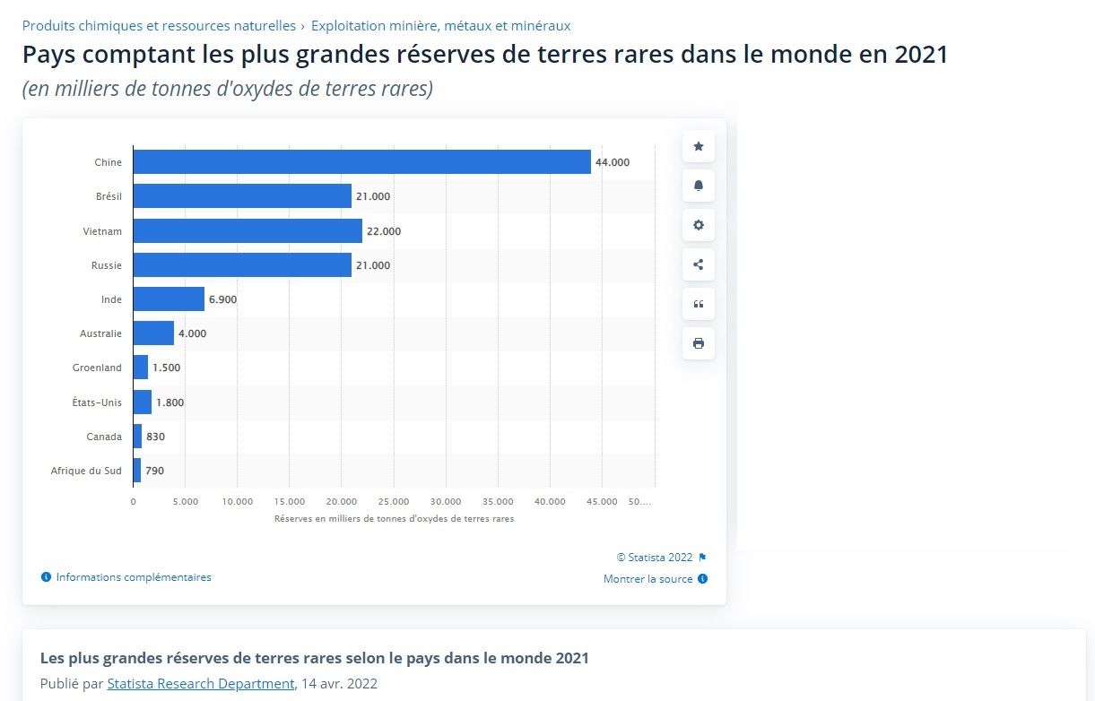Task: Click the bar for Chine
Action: click(361, 162)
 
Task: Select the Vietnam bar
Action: click(248, 231)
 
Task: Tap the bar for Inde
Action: click(169, 299)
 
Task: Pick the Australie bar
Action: click(153, 333)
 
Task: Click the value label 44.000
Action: click(613, 162)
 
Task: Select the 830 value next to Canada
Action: click(155, 437)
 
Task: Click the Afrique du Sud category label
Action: click(86, 471)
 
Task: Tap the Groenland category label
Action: click(97, 368)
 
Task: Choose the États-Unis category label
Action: click(98, 402)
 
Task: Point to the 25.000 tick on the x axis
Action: click(394, 501)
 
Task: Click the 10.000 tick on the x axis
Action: click(238, 501)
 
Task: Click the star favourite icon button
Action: click(699, 146)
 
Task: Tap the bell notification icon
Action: click(699, 186)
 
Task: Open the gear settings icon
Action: click(699, 225)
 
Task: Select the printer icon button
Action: click(699, 343)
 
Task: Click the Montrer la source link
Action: click(648, 579)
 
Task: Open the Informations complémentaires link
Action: click(134, 577)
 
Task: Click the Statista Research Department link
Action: click(200, 683)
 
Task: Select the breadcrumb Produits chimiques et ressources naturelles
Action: click(159, 26)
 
